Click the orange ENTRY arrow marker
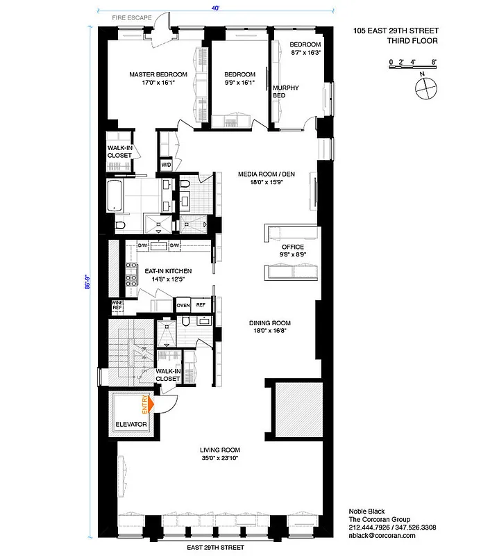pyautogui.click(x=146, y=403)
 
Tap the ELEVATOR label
pyautogui.click(x=130, y=424)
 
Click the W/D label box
pyautogui.click(x=167, y=165)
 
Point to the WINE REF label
pyautogui.click(x=117, y=306)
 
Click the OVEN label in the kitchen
pyautogui.click(x=183, y=305)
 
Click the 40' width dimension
pyautogui.click(x=217, y=8)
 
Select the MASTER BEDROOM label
pyautogui.click(x=158, y=74)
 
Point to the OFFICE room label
pyautogui.click(x=293, y=247)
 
